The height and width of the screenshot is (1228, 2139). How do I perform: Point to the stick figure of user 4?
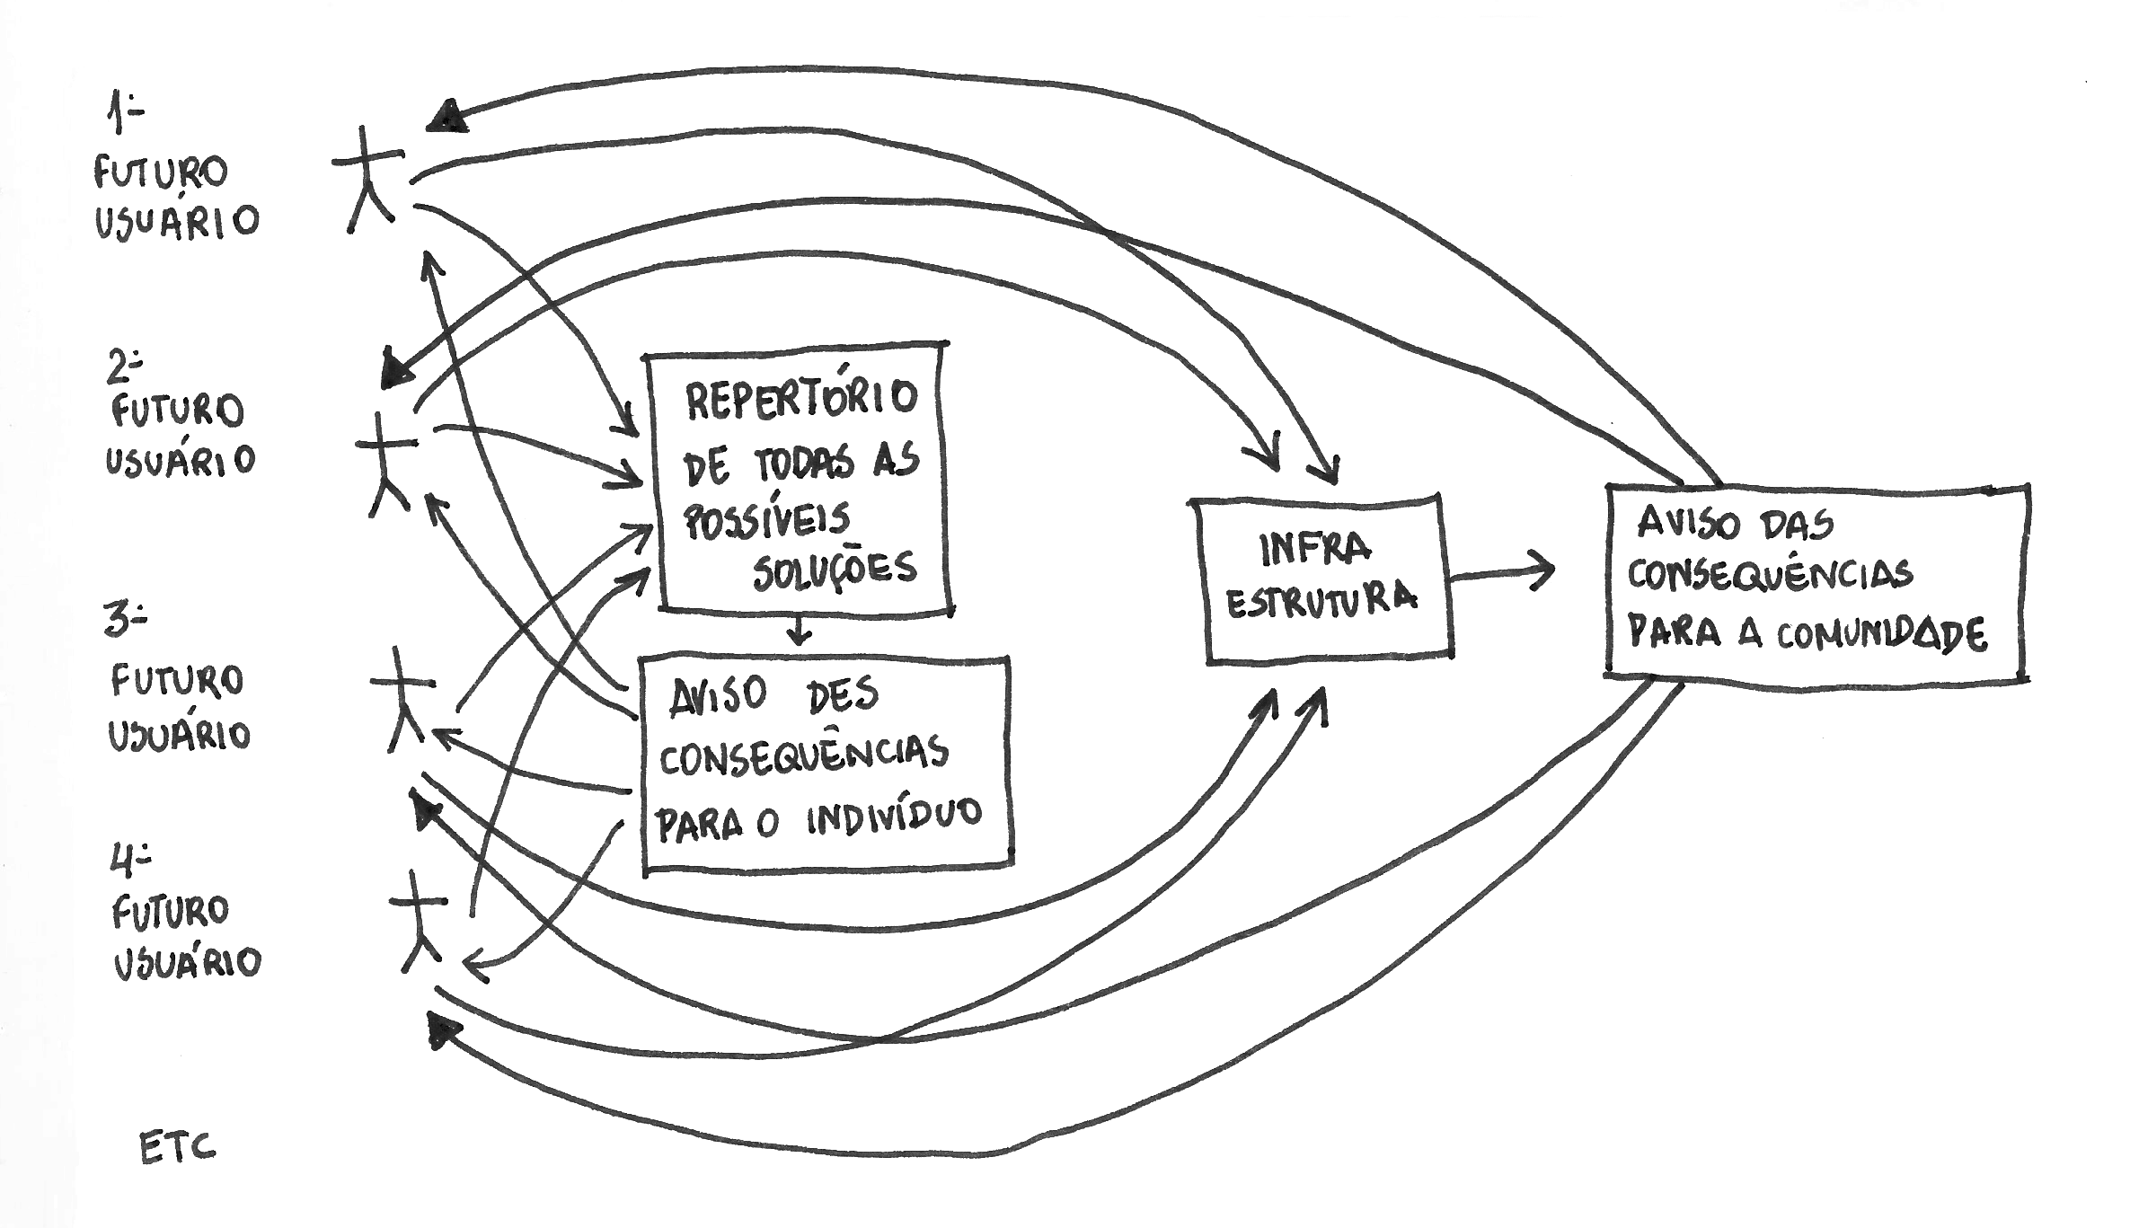(419, 921)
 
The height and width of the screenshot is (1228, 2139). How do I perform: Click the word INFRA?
(1316, 547)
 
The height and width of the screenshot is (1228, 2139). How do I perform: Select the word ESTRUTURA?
(1321, 600)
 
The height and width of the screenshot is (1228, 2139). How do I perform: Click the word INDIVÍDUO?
(893, 817)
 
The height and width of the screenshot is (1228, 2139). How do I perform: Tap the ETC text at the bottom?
(177, 1148)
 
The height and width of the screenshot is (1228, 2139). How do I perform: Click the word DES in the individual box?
(842, 694)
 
